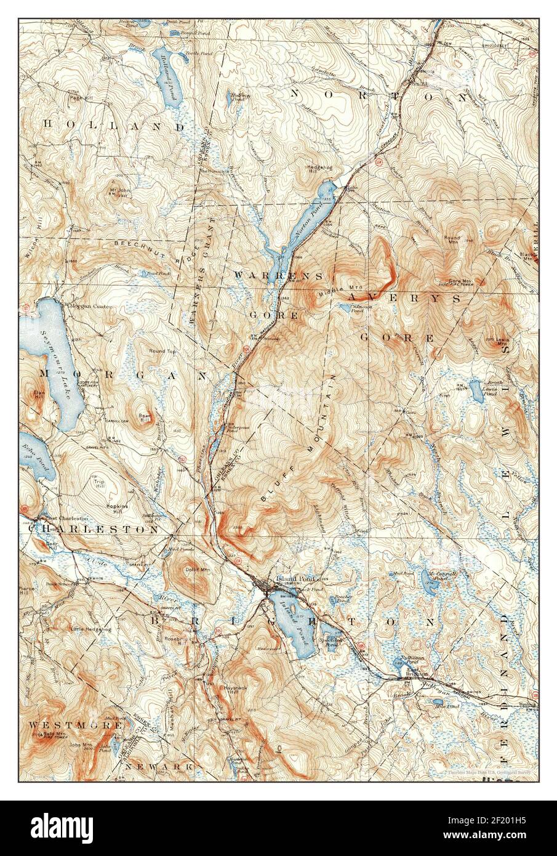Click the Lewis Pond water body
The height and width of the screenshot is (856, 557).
tap(476, 389)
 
